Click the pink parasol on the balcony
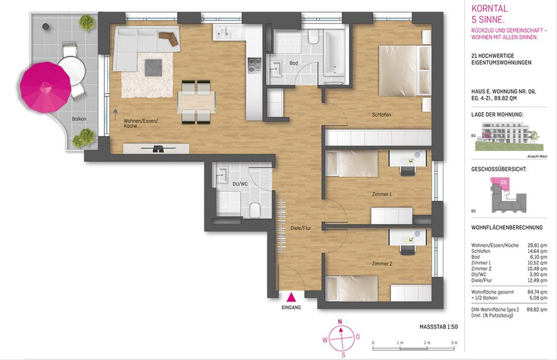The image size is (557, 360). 45,88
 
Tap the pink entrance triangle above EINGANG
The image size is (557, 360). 291,297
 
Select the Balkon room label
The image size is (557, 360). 79,119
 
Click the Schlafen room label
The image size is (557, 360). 382,115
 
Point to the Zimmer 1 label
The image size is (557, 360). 382,194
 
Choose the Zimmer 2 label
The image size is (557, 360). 382,263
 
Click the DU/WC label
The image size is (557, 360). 240,184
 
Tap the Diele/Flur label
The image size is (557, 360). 301,228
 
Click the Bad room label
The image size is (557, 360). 294,63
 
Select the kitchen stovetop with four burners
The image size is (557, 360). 255,65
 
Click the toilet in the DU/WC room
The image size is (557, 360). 255,210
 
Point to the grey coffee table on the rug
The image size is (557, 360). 154,67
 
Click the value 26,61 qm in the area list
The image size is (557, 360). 538,245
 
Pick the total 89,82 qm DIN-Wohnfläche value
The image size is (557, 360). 537,310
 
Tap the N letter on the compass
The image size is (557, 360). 340,322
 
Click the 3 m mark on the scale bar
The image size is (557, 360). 454,343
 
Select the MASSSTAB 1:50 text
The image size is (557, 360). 439,327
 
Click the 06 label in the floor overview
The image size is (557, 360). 504,183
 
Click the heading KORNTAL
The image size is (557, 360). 489,9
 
